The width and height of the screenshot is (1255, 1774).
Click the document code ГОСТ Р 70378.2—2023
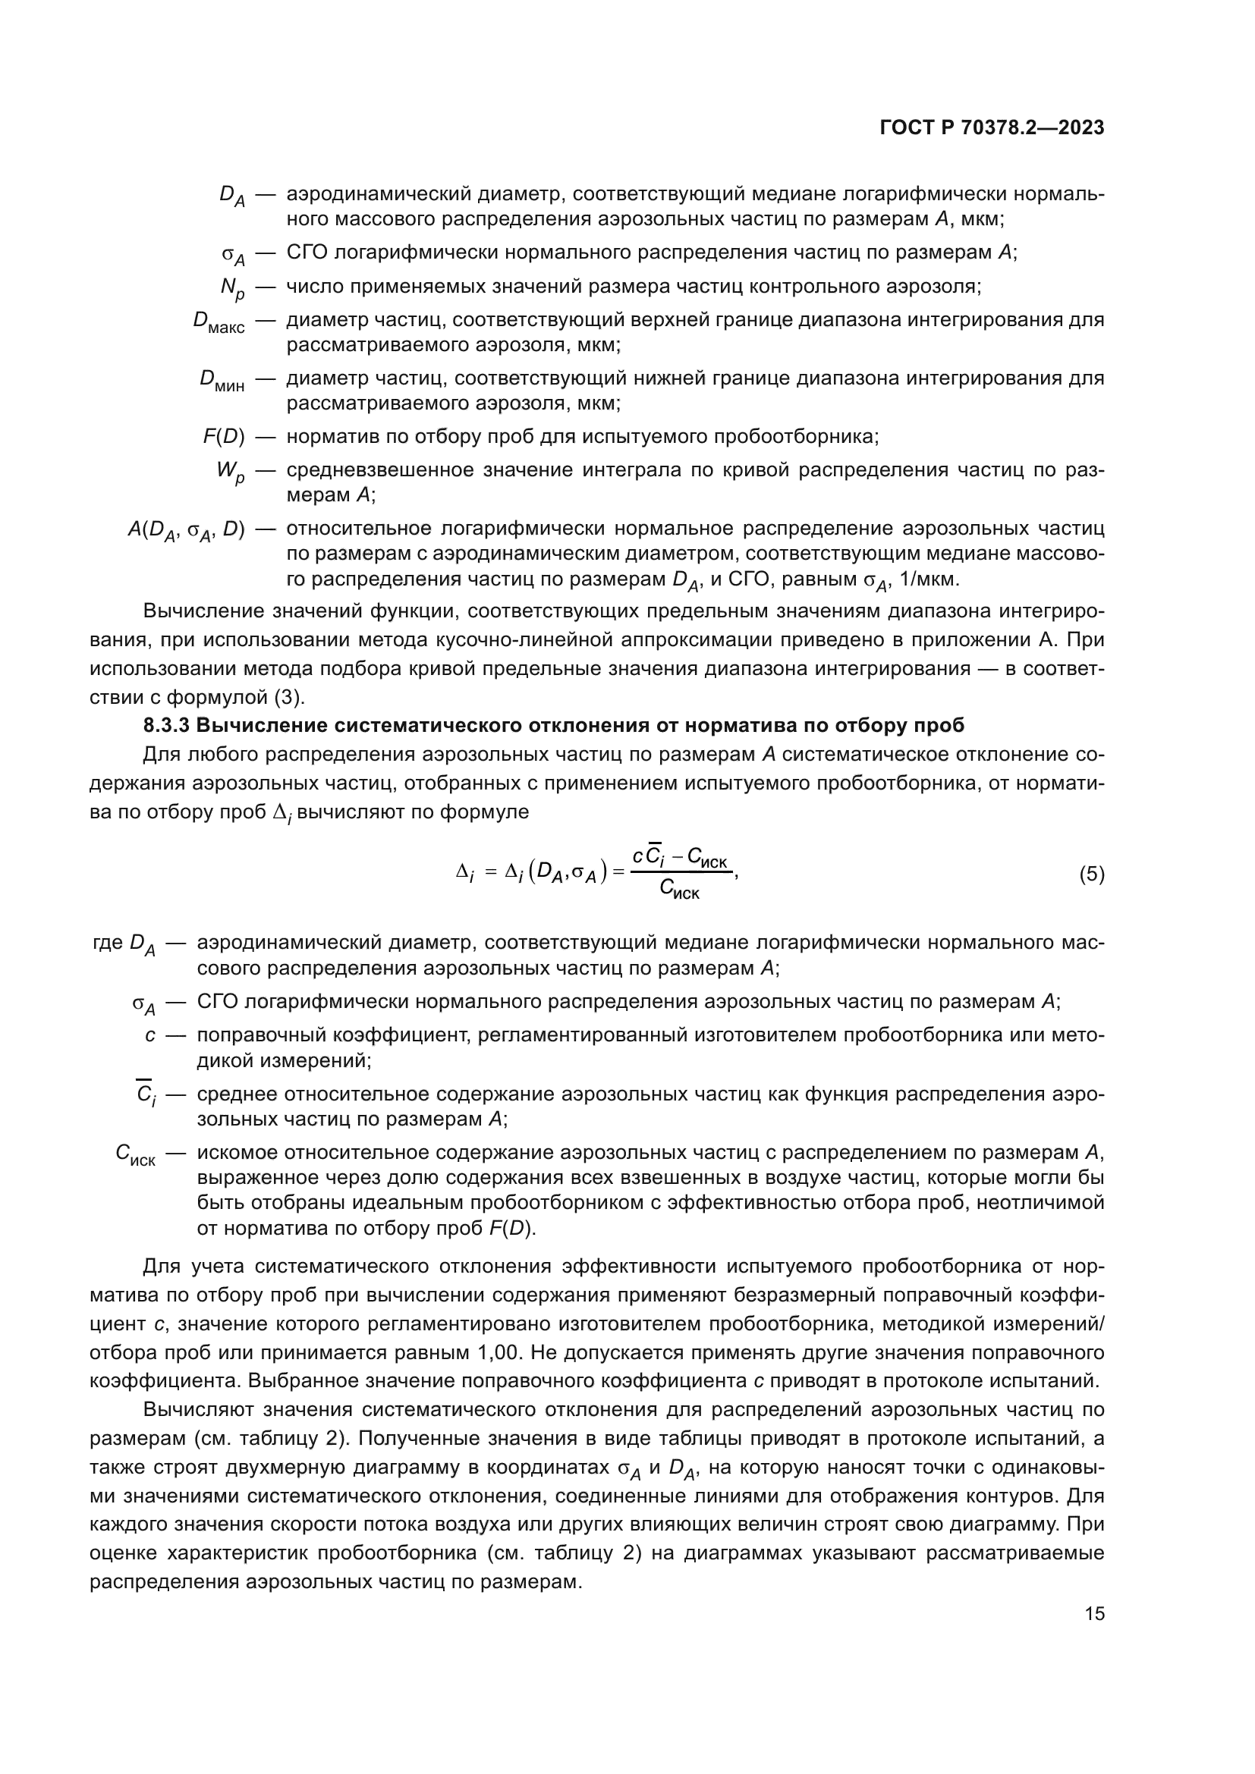tap(992, 128)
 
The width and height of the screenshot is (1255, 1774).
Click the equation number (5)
tap(1091, 874)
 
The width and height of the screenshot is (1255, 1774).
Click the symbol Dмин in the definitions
tap(222, 381)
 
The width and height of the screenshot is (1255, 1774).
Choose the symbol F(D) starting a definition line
tap(223, 438)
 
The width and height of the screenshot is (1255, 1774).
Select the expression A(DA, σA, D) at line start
tap(185, 531)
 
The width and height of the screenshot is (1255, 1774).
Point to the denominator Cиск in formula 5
tap(679, 891)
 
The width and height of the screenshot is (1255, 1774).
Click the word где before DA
tap(108, 943)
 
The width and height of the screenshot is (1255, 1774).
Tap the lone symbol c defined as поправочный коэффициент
tap(150, 1035)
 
